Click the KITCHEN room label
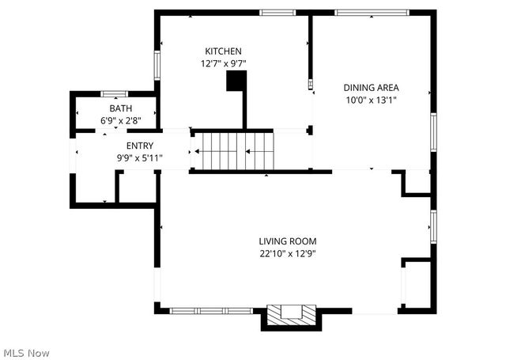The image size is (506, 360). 219,51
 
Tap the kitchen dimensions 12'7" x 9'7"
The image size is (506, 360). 219,63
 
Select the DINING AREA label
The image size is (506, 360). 371,88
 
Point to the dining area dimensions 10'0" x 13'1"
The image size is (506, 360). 371,100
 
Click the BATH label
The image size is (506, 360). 121,108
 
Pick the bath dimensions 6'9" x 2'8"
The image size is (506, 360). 121,120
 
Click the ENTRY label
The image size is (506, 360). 140,146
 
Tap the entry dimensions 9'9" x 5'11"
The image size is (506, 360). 140,157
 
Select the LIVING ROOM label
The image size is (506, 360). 288,241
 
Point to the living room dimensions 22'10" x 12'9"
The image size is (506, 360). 288,253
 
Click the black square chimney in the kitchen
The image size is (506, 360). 236,81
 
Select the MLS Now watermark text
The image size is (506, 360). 27,351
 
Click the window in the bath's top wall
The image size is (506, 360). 115,93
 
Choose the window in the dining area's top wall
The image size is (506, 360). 372,12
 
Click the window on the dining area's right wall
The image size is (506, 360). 433,131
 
